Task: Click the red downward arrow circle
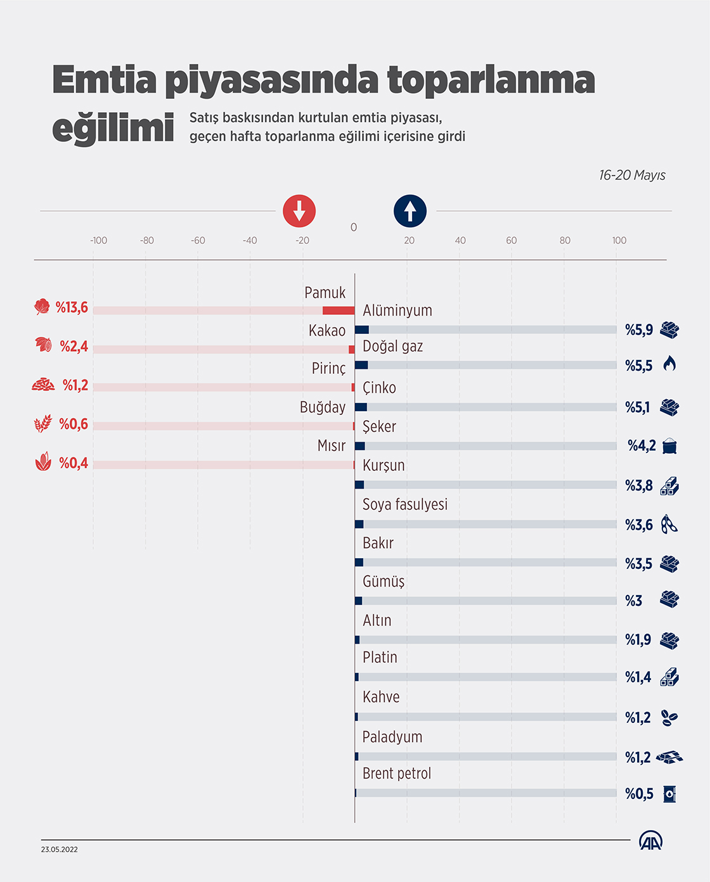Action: tap(299, 211)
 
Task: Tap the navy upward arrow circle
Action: tap(410, 211)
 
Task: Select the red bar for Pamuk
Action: tap(339, 310)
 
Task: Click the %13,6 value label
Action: tap(72, 308)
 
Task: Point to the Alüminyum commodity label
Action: tap(397, 310)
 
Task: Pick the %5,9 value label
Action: tap(639, 329)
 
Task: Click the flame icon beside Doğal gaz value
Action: tap(669, 364)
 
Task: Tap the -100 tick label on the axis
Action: tap(98, 241)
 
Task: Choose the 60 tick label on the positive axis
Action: tap(511, 241)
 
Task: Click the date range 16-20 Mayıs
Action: tap(632, 176)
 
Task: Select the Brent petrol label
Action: tap(397, 774)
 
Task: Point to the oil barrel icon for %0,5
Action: tap(669, 794)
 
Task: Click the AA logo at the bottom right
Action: tap(650, 841)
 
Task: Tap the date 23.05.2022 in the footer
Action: tap(60, 850)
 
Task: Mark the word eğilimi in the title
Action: tap(113, 129)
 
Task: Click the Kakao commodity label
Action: tap(327, 331)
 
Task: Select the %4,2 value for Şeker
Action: tap(642, 446)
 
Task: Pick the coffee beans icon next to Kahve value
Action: tap(669, 718)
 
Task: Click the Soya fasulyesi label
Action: tap(405, 504)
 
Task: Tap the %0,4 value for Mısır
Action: tap(74, 463)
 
